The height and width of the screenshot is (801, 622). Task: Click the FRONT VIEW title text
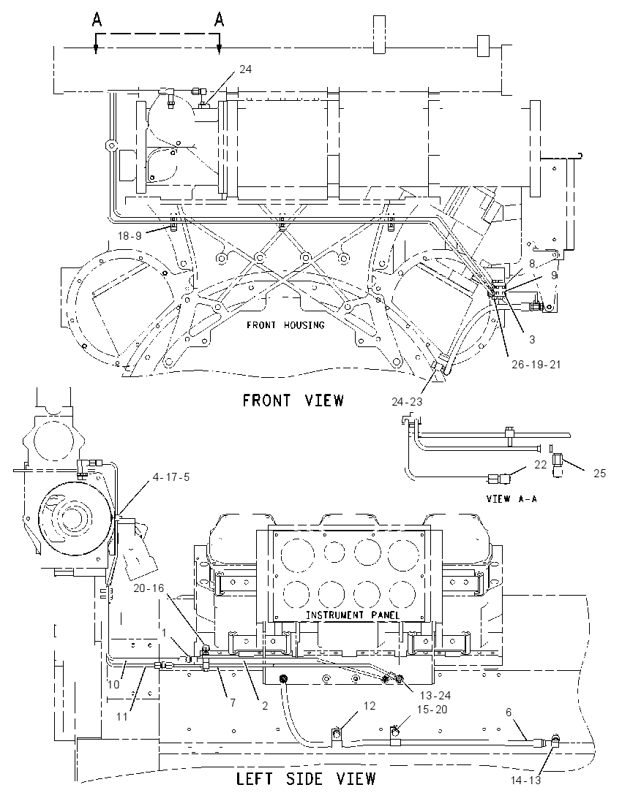293,400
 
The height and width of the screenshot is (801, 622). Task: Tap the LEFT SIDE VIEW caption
306,779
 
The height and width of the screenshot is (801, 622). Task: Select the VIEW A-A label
512,498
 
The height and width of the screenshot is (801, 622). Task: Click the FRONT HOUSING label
285,325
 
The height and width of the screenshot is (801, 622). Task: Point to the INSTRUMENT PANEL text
353,615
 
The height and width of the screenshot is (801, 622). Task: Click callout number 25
599,474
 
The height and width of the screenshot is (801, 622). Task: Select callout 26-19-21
536,364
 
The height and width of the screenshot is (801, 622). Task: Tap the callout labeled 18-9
130,235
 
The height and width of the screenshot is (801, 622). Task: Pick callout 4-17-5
171,477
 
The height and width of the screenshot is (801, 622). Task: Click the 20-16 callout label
149,588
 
